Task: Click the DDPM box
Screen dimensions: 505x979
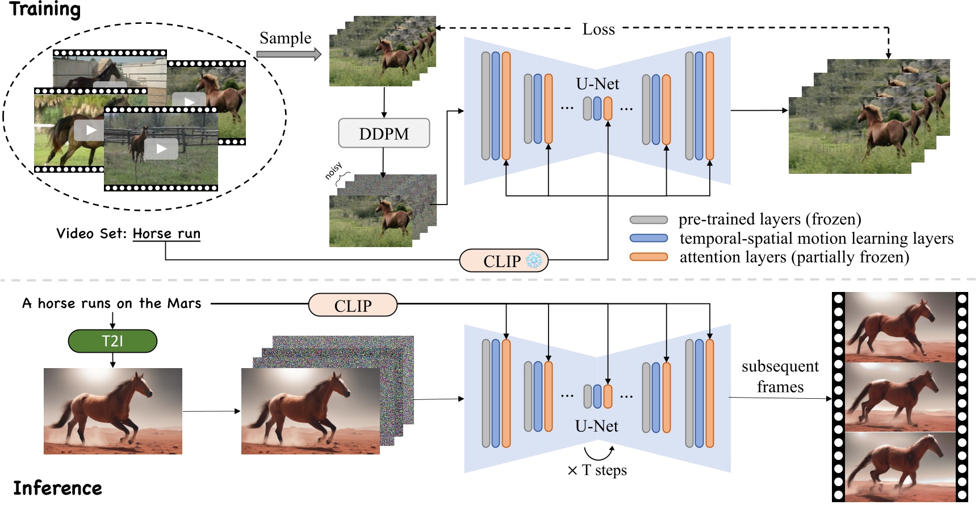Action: (384, 133)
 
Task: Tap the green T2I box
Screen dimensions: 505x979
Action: (112, 341)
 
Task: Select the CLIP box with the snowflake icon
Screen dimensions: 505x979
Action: (503, 261)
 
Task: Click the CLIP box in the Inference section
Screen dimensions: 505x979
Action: (353, 306)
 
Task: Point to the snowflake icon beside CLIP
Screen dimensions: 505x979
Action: (534, 261)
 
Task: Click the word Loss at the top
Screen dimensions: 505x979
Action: (599, 30)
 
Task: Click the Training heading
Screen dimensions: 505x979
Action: (45, 10)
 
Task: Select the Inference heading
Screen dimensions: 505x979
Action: (57, 488)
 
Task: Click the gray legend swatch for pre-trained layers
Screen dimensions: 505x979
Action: (649, 220)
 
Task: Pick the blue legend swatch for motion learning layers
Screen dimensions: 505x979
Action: (649, 239)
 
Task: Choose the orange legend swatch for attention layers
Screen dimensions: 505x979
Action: (649, 257)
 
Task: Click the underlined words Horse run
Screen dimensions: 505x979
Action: (166, 233)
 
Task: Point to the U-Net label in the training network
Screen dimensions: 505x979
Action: (597, 84)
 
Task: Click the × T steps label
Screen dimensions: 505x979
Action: (597, 470)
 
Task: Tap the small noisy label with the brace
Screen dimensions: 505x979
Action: (334, 170)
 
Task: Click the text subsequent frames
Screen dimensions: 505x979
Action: (780, 377)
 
